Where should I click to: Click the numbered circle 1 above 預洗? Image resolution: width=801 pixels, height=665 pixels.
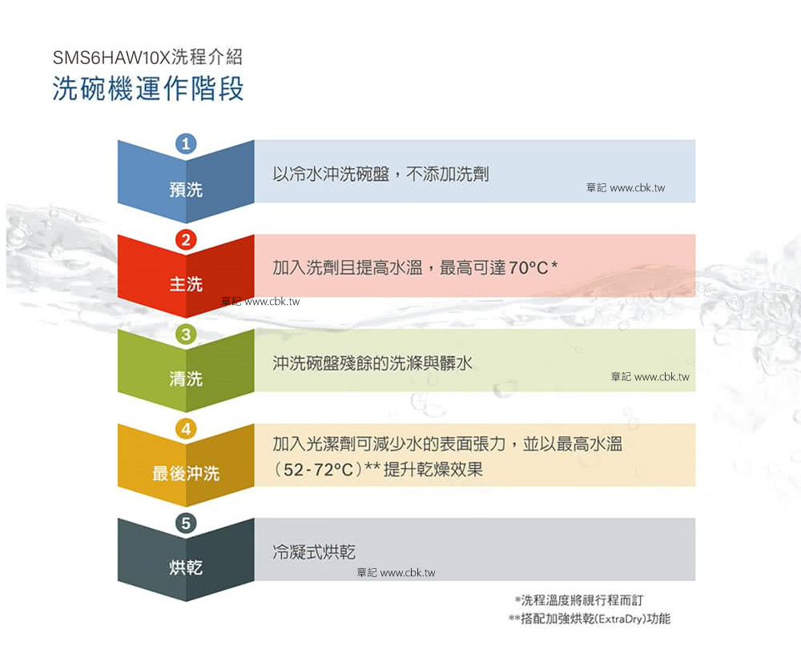[186, 143]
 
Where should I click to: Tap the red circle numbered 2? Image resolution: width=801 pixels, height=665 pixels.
[186, 239]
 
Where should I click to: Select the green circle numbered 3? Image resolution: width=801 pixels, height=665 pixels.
[186, 335]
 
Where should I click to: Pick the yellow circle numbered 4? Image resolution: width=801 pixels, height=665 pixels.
[186, 429]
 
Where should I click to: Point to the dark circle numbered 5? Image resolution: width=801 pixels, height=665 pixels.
[186, 523]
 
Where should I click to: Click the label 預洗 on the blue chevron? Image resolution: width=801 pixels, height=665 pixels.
[186, 190]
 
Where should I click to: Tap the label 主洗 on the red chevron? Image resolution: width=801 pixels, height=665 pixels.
[186, 284]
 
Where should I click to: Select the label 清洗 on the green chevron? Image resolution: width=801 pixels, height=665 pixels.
[186, 379]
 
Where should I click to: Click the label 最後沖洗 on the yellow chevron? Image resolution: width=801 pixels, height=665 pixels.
[186, 474]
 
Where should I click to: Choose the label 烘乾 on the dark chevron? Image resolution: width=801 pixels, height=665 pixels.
[186, 567]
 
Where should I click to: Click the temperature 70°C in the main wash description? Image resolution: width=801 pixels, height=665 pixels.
[528, 267]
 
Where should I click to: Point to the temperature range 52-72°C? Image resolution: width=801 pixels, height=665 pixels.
[318, 470]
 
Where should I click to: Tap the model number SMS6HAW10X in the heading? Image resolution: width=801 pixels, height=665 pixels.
[111, 57]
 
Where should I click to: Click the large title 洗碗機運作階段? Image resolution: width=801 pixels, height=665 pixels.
[148, 89]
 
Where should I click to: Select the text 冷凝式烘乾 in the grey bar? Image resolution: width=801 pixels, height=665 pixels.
[314, 551]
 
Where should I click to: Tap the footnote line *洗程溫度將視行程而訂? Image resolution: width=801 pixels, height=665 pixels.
[579, 600]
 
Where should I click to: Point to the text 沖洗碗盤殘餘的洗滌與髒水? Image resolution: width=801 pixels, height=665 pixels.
[372, 363]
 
